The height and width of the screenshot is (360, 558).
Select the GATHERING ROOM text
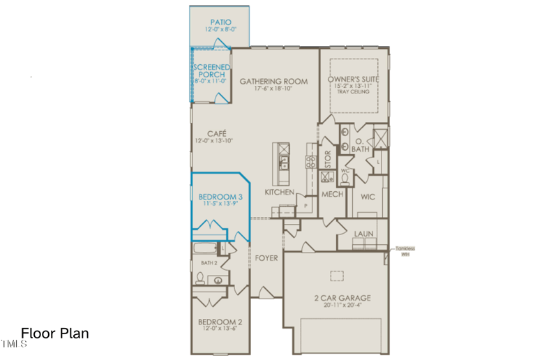pyautogui.click(x=273, y=82)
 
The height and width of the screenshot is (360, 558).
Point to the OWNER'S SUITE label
pyautogui.click(x=354, y=80)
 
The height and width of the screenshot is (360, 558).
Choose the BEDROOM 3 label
pyautogui.click(x=220, y=197)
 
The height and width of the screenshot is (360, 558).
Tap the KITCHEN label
pyautogui.click(x=279, y=192)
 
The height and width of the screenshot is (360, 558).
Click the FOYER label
pyautogui.click(x=266, y=258)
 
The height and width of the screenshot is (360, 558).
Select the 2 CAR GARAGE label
pyautogui.click(x=341, y=298)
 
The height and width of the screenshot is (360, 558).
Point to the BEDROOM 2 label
pyautogui.click(x=220, y=322)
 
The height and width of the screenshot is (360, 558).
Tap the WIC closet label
pyautogui.click(x=368, y=197)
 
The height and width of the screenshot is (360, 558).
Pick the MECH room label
pyautogui.click(x=332, y=195)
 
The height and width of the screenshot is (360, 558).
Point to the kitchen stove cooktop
pyautogui.click(x=310, y=162)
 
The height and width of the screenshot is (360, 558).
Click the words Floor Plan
pyautogui.click(x=55, y=333)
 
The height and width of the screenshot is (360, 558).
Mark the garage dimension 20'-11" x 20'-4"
pyautogui.click(x=341, y=306)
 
